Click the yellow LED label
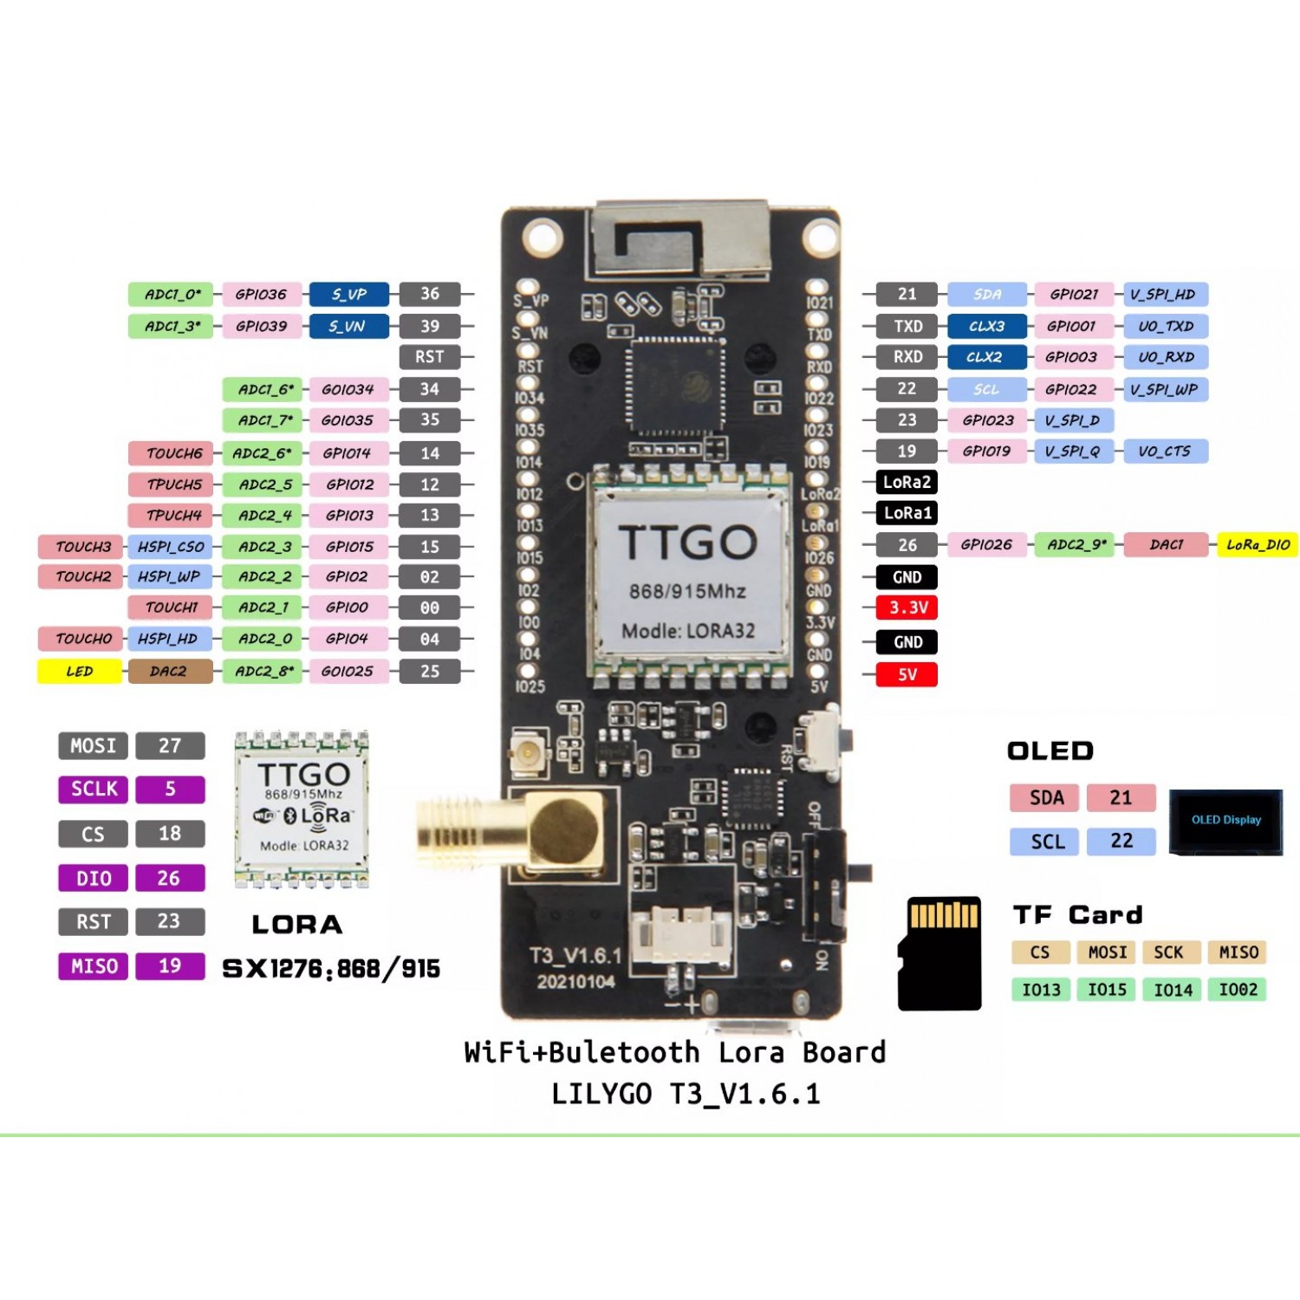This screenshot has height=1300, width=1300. click(x=80, y=672)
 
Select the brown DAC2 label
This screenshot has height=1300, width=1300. click(x=170, y=672)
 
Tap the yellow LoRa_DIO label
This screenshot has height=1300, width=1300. click(x=1257, y=545)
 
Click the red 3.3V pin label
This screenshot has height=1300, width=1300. click(x=907, y=608)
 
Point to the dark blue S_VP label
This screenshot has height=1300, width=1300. click(x=348, y=295)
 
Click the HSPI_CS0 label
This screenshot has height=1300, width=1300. click(x=170, y=547)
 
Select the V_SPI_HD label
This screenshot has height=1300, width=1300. click(x=1164, y=295)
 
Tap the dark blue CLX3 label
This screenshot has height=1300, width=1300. click(x=986, y=327)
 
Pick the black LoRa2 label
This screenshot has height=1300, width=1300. click(x=907, y=483)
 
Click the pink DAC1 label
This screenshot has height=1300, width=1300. click(x=1166, y=545)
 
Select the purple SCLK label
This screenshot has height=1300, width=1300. click(x=94, y=790)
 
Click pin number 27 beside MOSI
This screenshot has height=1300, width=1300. click(x=170, y=746)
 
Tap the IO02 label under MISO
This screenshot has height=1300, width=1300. click(x=1238, y=990)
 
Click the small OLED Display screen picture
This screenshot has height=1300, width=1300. click(x=1225, y=821)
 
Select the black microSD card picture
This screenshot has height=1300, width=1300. click(x=939, y=953)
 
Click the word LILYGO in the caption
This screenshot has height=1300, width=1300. click(x=601, y=1094)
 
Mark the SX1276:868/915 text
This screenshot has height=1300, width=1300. click(x=331, y=969)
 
